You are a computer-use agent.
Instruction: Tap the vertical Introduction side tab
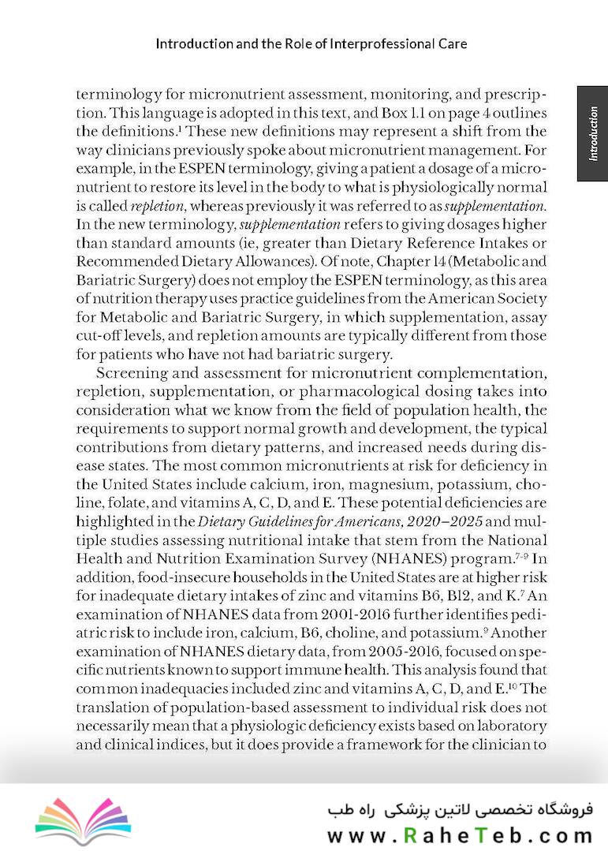pyautogui.click(x=592, y=133)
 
